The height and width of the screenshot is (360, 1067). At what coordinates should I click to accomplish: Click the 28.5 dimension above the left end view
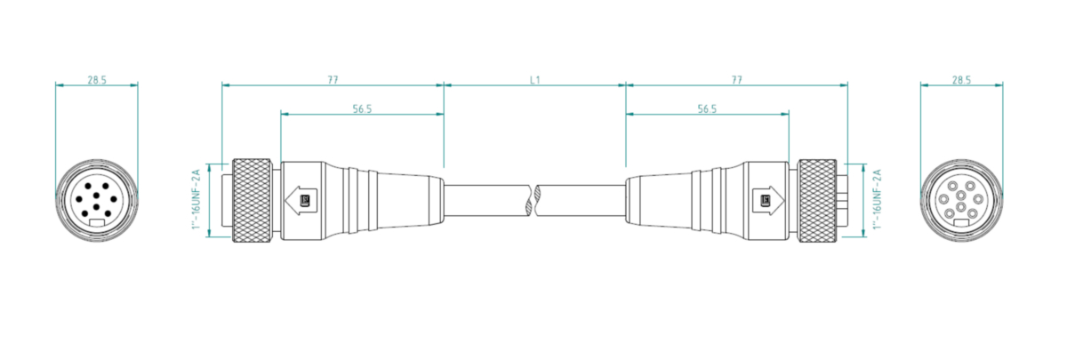point(97,80)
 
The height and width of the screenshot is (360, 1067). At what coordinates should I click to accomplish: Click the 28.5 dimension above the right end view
point(961,80)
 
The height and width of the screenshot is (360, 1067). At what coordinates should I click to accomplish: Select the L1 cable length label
point(535,80)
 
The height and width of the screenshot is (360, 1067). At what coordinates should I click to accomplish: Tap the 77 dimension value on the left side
point(333,80)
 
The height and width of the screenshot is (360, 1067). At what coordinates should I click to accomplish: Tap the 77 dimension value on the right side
point(736,80)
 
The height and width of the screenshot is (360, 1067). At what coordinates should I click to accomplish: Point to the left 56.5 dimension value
point(362,109)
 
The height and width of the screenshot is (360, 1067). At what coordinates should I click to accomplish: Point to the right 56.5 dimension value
point(707,109)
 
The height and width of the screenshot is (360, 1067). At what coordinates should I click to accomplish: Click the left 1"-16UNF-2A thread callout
point(197,199)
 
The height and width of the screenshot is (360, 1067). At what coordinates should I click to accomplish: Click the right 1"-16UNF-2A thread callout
point(877,199)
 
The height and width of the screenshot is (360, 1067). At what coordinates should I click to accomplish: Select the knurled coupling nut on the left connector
point(252,200)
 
